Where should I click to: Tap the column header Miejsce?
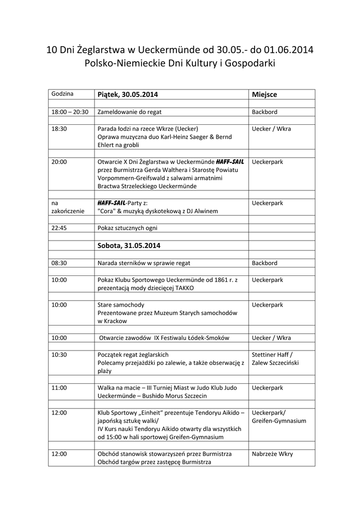[x=264, y=94]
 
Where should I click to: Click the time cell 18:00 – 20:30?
[x=70, y=112]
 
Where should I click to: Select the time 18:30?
[x=59, y=129]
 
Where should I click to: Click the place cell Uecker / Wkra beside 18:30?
[x=271, y=129]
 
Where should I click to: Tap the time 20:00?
[x=59, y=162]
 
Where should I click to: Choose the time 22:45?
[x=59, y=228]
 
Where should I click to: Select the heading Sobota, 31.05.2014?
[x=129, y=246]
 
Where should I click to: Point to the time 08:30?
[x=59, y=263]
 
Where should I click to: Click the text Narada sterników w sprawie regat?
[x=144, y=263]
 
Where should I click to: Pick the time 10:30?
[x=59, y=354]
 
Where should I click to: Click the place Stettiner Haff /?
[x=274, y=354]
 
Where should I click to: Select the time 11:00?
[x=59, y=387]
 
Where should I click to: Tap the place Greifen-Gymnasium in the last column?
[x=279, y=421]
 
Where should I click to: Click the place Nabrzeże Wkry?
[x=272, y=454]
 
